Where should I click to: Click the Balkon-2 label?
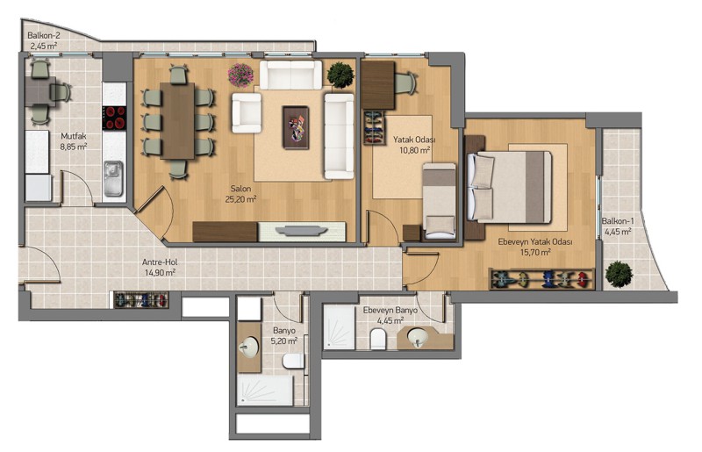tap(44, 35)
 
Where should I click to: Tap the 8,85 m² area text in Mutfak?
tap(74, 147)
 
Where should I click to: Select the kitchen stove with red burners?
tap(115, 118)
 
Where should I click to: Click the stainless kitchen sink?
tap(113, 179)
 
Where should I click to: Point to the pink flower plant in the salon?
tap(240, 75)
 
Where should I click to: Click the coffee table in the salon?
tap(296, 127)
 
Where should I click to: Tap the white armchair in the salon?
tap(247, 113)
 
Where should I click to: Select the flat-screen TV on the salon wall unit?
tap(301, 230)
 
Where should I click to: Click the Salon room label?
tap(240, 189)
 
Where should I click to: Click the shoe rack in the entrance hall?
tap(141, 300)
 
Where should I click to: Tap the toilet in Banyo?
tap(294, 360)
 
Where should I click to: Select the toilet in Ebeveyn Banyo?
tap(378, 339)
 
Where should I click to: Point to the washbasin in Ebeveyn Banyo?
tap(419, 337)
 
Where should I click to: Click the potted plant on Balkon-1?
tap(619, 274)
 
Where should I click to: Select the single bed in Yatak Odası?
tap(440, 201)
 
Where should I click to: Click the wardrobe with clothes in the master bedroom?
tap(541, 279)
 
